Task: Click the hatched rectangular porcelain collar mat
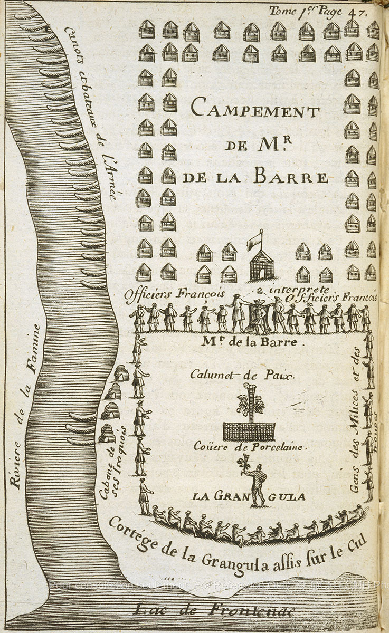(249, 431)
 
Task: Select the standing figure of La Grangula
(257, 483)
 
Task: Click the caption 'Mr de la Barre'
(254, 342)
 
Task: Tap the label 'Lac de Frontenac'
(214, 610)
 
